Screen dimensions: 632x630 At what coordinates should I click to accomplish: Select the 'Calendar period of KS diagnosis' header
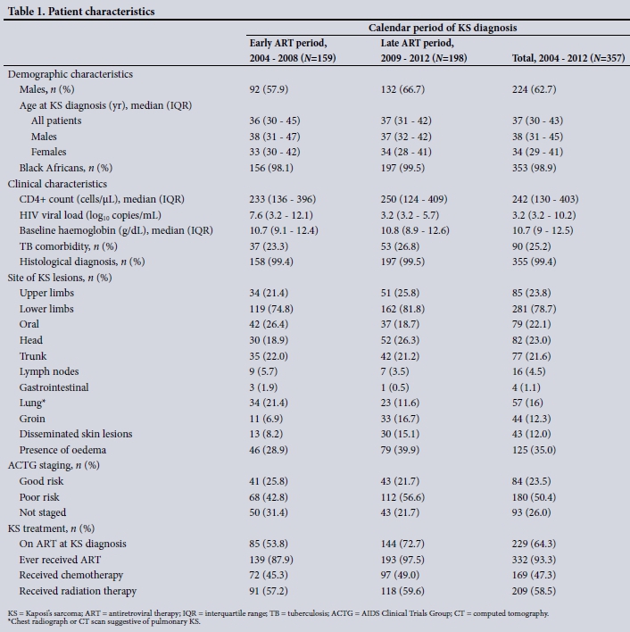[443, 28]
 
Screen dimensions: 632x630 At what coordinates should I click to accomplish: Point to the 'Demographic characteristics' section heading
[70, 74]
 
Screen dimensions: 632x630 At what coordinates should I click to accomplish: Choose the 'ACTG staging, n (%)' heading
[54, 465]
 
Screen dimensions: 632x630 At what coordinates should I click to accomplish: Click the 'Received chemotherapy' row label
[71, 574]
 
